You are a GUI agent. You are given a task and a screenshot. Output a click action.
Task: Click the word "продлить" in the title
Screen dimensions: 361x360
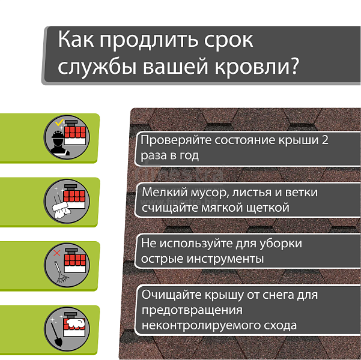[x=149, y=40]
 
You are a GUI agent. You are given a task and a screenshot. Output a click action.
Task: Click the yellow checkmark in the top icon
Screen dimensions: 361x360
[x=59, y=122]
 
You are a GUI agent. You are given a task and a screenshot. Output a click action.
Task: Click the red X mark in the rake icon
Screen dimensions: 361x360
[x=56, y=253]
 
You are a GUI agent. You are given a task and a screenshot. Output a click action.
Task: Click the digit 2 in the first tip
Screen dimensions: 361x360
[x=325, y=140]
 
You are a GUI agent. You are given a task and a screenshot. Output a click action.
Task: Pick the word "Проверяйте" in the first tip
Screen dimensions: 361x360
[x=176, y=140]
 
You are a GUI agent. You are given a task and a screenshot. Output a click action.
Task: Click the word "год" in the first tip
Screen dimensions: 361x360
[x=189, y=156]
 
